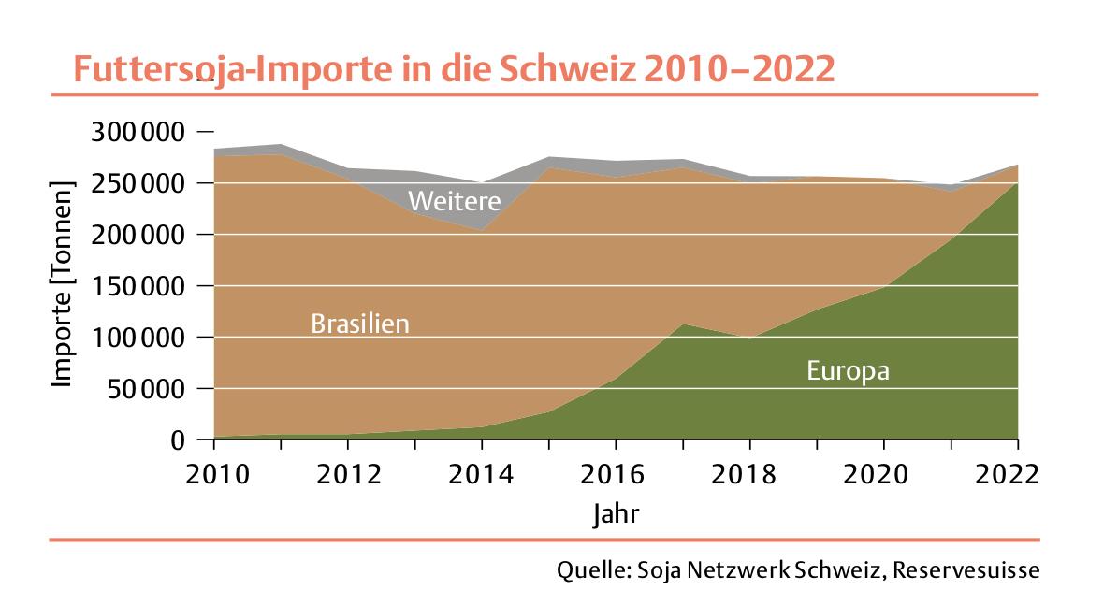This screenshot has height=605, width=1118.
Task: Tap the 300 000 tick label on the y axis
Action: pos(136,132)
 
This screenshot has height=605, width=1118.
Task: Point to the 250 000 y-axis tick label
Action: pos(136,183)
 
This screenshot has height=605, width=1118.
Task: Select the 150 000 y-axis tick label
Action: pos(136,286)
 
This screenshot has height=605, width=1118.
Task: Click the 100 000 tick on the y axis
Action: pos(136,338)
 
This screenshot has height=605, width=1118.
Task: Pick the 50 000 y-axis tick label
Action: pos(145,389)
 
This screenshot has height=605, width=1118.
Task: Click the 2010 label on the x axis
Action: pos(217,473)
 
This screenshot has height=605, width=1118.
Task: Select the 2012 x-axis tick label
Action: pos(349,473)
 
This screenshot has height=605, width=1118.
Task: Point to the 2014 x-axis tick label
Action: pos(483,473)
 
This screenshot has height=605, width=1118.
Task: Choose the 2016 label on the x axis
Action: pos(616,473)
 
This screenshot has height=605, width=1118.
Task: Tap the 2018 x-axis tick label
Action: pos(749,473)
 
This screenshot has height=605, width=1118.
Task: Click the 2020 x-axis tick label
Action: pos(883,473)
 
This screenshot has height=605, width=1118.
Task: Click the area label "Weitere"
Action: pos(455,201)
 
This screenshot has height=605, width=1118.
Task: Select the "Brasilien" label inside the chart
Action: pos(360,324)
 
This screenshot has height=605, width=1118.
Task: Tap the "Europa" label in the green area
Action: pos(848,371)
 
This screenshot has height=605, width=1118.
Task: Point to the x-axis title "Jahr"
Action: pos(617,513)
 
